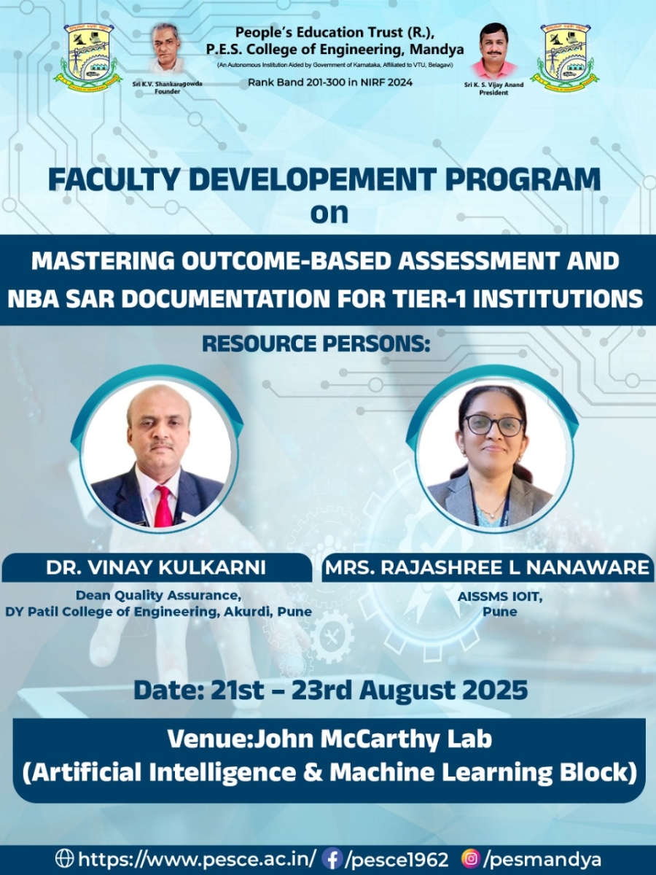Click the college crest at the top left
pos(86,58)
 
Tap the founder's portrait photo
pos(168,49)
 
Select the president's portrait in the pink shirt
pos(494,51)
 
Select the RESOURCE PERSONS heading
pos(316,344)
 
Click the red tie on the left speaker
pos(164,505)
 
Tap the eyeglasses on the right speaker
pos(494,425)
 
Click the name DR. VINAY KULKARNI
pos(156,567)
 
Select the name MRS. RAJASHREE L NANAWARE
pos(487,567)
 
